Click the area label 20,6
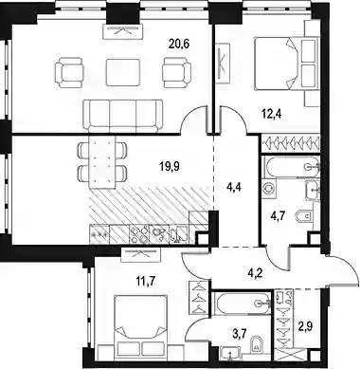click(x=179, y=44)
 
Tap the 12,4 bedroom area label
click(x=271, y=113)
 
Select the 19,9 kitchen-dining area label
click(x=170, y=166)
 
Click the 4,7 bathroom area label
click(x=279, y=217)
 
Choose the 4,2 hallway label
click(x=254, y=271)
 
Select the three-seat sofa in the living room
click(x=123, y=116)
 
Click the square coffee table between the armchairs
click(x=123, y=72)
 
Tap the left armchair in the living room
click(x=70, y=72)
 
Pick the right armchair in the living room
click(x=176, y=72)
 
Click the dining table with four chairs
click(x=102, y=161)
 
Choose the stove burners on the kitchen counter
click(x=139, y=234)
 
